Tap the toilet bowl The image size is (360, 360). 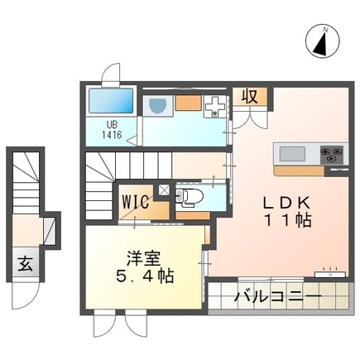pyautogui.click(x=189, y=198)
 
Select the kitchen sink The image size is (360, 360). pyautogui.click(x=293, y=154)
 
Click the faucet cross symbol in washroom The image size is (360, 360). pyautogui.click(x=214, y=107)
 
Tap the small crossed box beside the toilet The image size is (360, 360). pyautogui.click(x=161, y=190)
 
